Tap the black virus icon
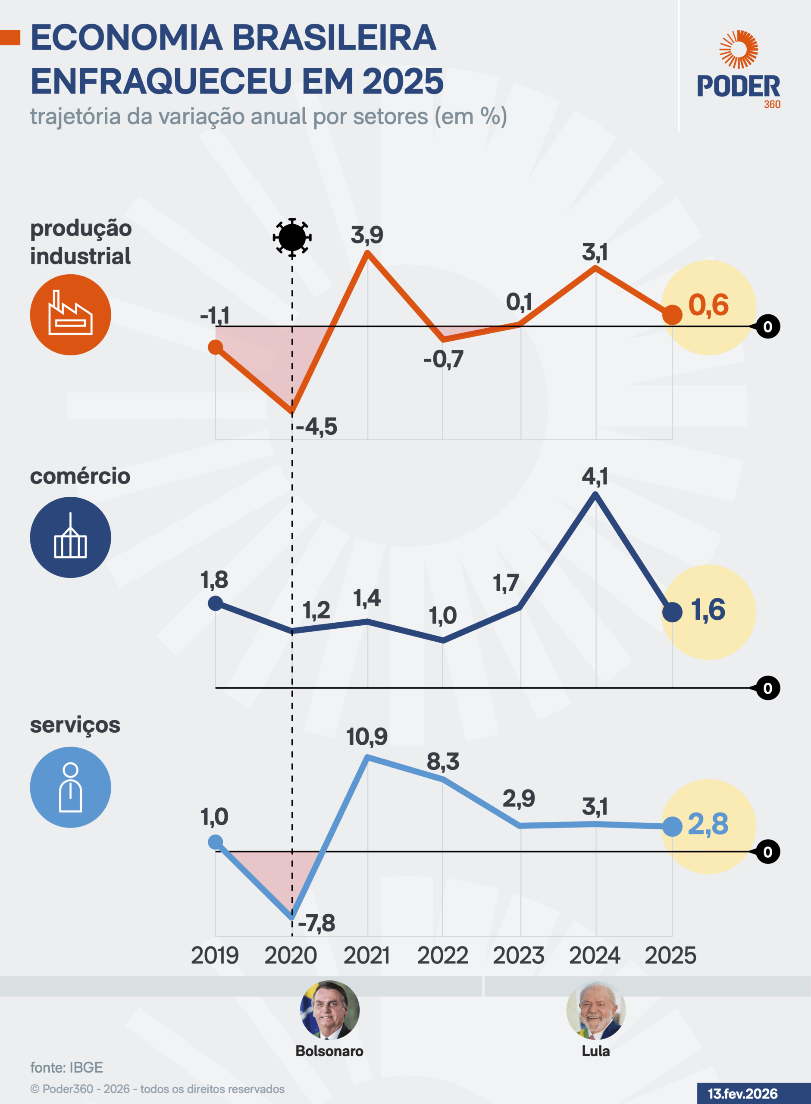tap(292, 238)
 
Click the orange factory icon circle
tap(70, 315)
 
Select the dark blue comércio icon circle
tap(70, 537)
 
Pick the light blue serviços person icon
tap(70, 787)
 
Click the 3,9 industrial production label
tap(367, 235)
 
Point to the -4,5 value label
tap(316, 426)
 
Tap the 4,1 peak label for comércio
tap(595, 477)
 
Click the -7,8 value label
tap(316, 923)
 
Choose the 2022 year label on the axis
tap(442, 955)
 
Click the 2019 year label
tap(215, 955)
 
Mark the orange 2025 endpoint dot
tap(672, 315)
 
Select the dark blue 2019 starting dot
tap(215, 603)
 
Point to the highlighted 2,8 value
tap(708, 824)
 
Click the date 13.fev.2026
tap(743, 1094)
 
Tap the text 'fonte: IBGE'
tap(67, 1067)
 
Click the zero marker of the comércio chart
tap(768, 688)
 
